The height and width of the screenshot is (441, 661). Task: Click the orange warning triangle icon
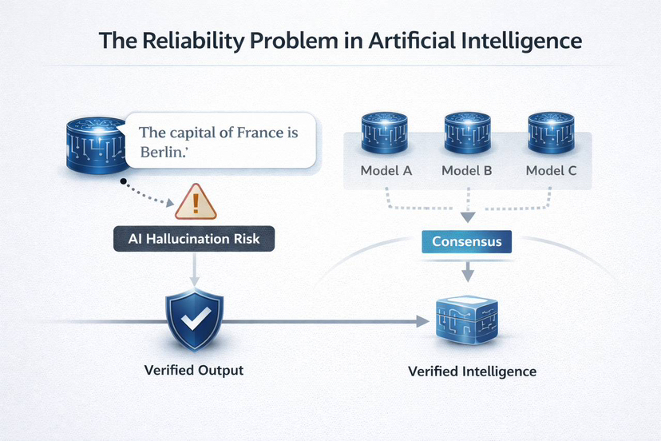click(x=196, y=202)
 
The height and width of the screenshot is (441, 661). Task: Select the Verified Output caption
click(x=193, y=371)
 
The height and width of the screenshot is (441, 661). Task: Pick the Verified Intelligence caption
click(x=472, y=371)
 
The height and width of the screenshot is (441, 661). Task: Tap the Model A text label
click(x=386, y=171)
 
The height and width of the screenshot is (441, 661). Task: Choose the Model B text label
click(x=467, y=171)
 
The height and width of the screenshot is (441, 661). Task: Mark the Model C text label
click(x=551, y=171)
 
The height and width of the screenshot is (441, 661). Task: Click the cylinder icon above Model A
click(x=386, y=130)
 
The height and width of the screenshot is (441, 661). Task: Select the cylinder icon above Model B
click(x=467, y=130)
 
